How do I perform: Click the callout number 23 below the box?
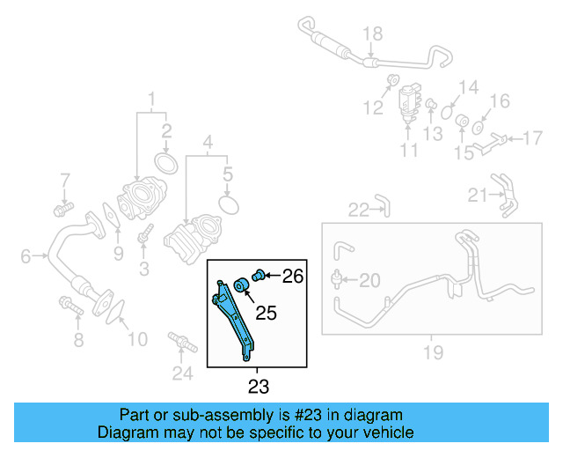259,386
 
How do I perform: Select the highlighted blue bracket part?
235,317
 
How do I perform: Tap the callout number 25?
267,313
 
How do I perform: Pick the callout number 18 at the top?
373,34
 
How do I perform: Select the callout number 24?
181,373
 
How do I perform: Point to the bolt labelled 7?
62,210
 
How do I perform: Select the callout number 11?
409,151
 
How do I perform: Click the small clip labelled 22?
380,206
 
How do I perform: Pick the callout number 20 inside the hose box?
369,281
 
